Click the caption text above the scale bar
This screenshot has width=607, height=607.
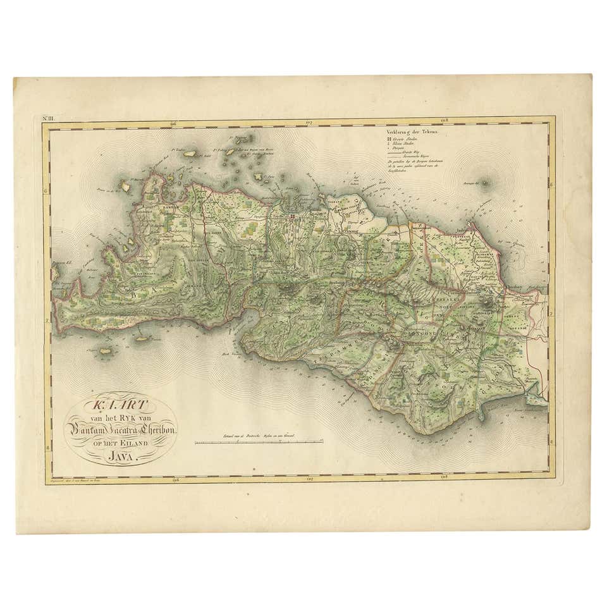pos(259,435)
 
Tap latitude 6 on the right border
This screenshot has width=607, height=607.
pos(551,185)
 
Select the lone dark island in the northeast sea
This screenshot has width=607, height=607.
pos(485,183)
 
